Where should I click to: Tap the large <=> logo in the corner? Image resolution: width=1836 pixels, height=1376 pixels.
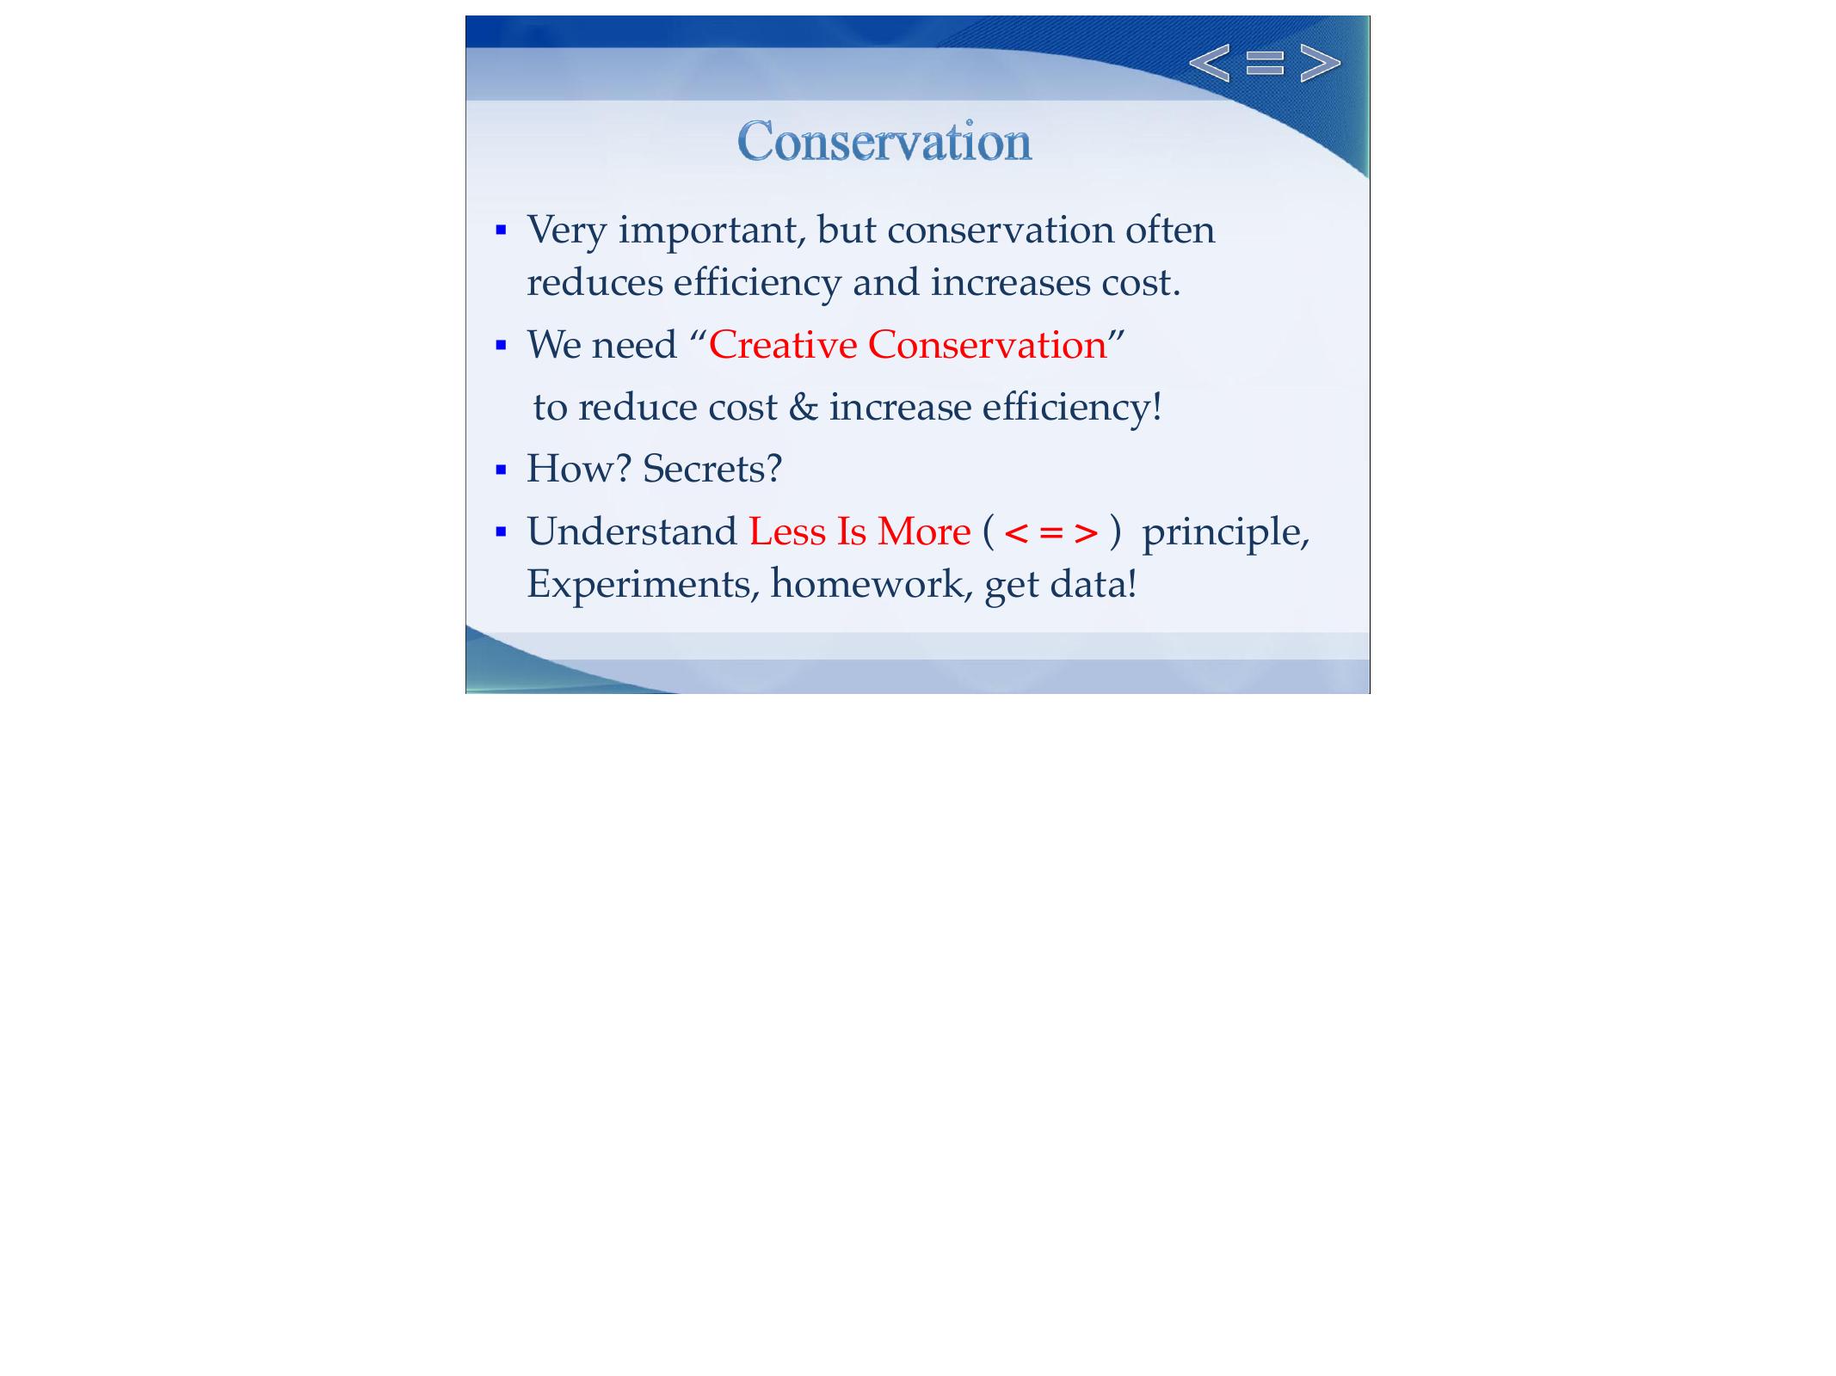pos(1264,63)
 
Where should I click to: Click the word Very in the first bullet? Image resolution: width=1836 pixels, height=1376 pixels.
pos(566,230)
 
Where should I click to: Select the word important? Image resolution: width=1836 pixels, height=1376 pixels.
pos(712,230)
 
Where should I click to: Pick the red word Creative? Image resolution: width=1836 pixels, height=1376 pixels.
pos(782,345)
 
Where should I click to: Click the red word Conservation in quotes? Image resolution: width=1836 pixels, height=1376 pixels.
pos(987,345)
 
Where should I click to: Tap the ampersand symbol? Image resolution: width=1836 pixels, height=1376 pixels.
pos(803,407)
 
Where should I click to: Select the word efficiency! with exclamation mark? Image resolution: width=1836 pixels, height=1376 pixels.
pos(1072,407)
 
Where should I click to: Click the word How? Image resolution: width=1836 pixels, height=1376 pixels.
pos(578,469)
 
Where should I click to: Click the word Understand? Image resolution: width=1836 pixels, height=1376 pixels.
pos(632,531)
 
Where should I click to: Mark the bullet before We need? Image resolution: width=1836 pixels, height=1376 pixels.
pos(502,346)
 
